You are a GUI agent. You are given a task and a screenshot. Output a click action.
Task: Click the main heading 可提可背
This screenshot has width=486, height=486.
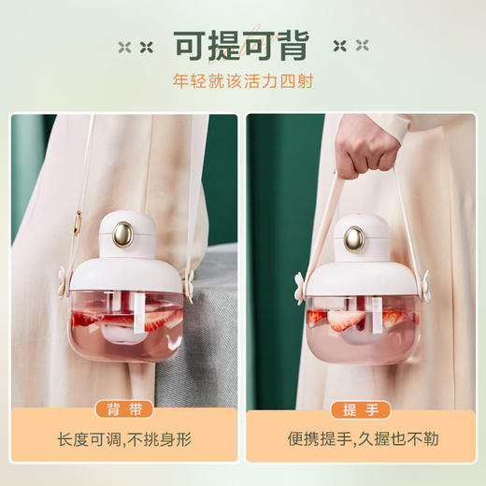(244, 44)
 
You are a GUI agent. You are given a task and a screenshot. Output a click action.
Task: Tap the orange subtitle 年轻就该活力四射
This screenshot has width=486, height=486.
(243, 81)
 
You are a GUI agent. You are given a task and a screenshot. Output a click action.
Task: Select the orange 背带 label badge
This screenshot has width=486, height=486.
(123, 408)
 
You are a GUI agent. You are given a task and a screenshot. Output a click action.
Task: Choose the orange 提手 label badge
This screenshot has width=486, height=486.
(362, 408)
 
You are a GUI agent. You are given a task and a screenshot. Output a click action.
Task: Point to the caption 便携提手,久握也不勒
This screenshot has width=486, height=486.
(360, 439)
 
